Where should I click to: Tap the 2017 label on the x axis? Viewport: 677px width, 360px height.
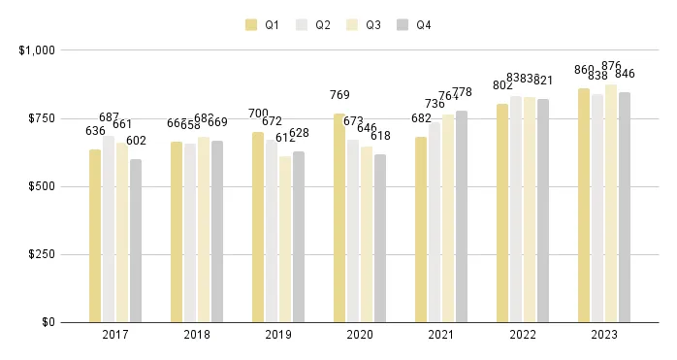tap(115, 335)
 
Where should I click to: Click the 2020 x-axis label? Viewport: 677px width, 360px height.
tap(360, 335)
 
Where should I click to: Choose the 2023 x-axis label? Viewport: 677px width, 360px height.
tap(604, 335)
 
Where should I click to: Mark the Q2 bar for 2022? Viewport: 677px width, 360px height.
tap(516, 209)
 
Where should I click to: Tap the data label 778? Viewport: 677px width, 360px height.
tap(463, 92)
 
